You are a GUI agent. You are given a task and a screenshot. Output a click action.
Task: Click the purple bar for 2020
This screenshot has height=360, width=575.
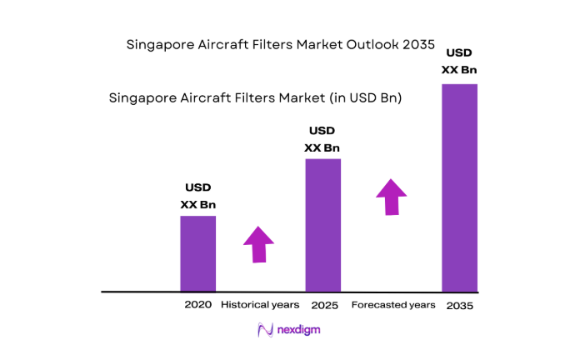198,253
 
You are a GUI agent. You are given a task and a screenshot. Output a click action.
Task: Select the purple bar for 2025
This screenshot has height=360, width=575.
322,224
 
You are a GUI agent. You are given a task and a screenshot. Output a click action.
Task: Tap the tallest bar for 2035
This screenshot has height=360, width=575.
459,187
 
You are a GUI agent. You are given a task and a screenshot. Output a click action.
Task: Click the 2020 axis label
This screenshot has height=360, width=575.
198,305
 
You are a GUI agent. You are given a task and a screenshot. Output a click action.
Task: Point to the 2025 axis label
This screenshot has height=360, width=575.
322,306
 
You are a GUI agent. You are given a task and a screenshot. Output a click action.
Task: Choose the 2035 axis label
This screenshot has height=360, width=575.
459,306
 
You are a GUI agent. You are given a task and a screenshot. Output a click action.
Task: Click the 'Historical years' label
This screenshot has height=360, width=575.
260,305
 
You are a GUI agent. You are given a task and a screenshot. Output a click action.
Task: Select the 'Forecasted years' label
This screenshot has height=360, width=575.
392,305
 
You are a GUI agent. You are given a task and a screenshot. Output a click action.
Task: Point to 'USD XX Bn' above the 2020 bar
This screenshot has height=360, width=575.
197,196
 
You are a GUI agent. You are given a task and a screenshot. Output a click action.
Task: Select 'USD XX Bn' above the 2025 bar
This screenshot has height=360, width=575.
322,140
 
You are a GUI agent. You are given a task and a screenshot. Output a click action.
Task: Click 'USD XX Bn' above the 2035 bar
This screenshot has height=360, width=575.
459,61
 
